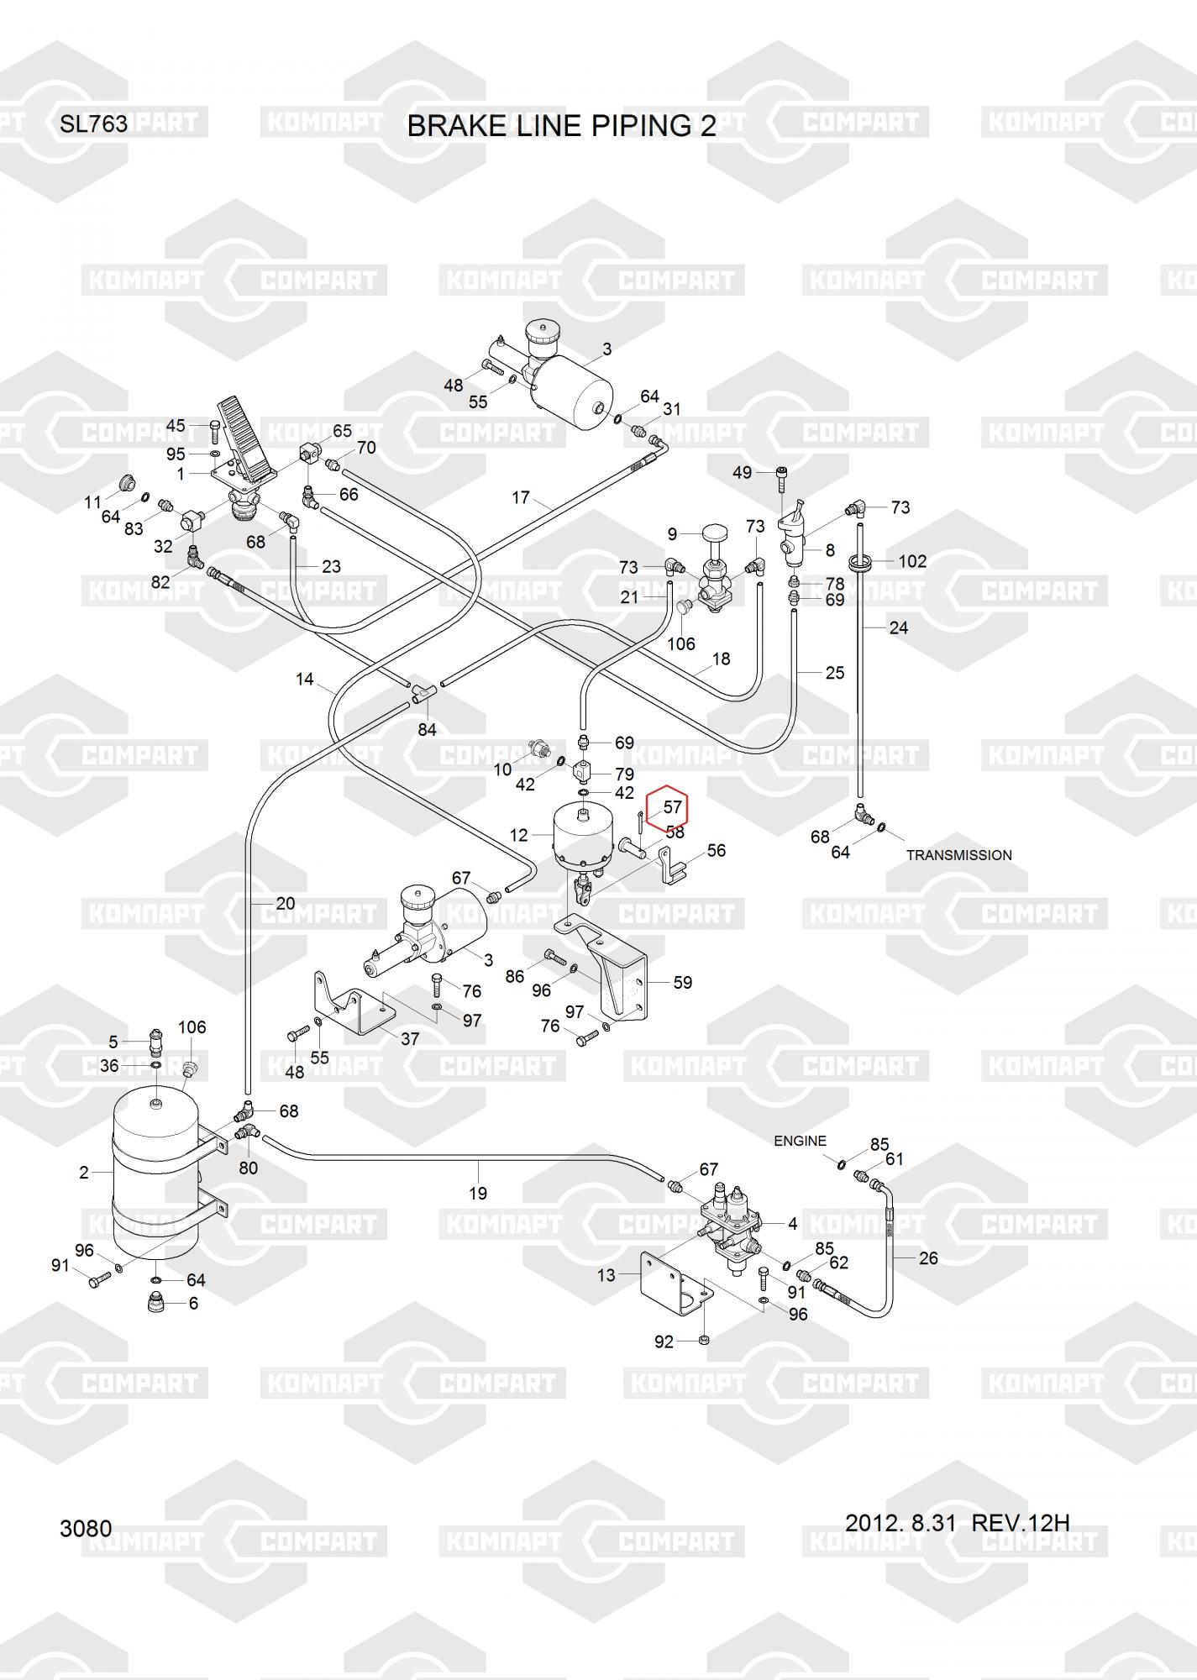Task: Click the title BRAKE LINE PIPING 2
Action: (x=561, y=126)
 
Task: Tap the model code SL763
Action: (x=93, y=124)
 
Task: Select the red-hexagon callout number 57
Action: (x=673, y=808)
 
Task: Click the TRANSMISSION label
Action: (x=958, y=855)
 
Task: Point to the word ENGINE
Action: (x=800, y=1141)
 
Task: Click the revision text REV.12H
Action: (x=1020, y=1522)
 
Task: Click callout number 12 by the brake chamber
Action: (x=518, y=835)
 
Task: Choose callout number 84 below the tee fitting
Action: (x=428, y=729)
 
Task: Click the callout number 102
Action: (x=912, y=561)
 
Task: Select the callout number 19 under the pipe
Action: (x=478, y=1193)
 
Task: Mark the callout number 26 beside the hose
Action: (x=928, y=1257)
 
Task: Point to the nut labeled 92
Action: (x=705, y=1339)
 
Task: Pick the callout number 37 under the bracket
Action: (x=409, y=1039)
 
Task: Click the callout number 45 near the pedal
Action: (x=176, y=426)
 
